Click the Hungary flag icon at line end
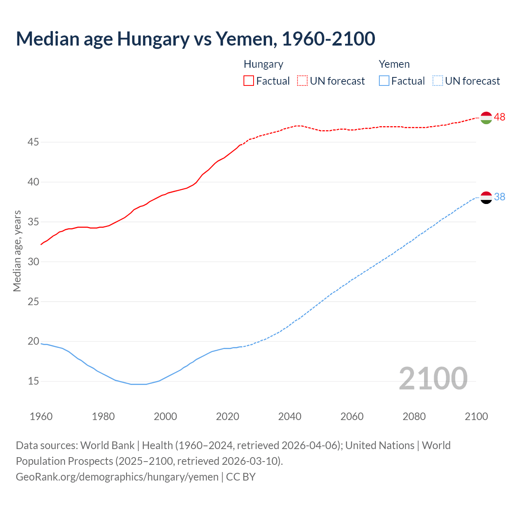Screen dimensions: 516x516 486,118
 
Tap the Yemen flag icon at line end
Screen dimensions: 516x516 486,198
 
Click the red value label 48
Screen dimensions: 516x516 500,117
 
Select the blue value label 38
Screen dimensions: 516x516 500,197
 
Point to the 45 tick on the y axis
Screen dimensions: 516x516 33,142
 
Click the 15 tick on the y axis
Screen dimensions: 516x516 33,381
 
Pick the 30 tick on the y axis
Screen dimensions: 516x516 33,262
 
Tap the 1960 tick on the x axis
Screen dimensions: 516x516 41,416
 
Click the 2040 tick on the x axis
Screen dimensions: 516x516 290,416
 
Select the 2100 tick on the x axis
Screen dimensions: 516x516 476,416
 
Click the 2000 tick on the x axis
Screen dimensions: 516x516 165,416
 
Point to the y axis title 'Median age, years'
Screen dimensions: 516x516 17,251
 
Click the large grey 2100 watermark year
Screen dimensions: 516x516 433,379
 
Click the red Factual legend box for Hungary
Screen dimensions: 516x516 249,81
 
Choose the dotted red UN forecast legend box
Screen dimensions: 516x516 302,81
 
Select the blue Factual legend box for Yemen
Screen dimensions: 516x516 384,81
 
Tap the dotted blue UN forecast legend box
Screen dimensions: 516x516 438,81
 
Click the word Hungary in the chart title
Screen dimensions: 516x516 153,39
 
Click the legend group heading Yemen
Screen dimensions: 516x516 394,64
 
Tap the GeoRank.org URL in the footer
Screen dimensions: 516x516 117,477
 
